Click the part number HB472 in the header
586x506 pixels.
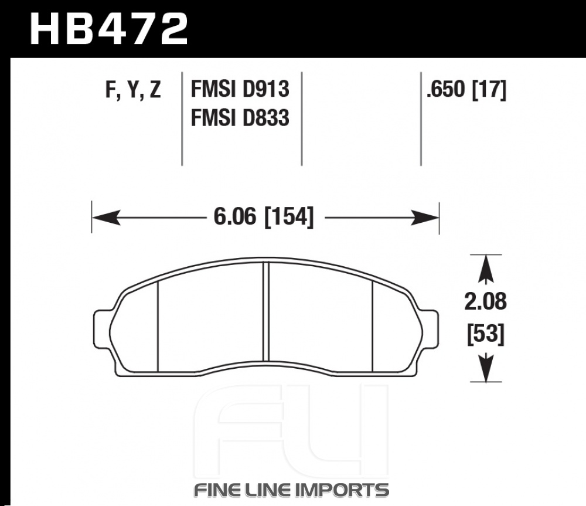109,29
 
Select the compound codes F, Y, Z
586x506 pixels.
133,90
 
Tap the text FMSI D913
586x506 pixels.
240,89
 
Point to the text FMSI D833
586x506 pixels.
240,117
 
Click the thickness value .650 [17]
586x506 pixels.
466,90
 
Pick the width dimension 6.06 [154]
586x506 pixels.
264,218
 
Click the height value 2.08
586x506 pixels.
485,301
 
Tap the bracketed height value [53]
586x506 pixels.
486,334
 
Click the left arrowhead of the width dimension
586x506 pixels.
106,218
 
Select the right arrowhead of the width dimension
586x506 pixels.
425,218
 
